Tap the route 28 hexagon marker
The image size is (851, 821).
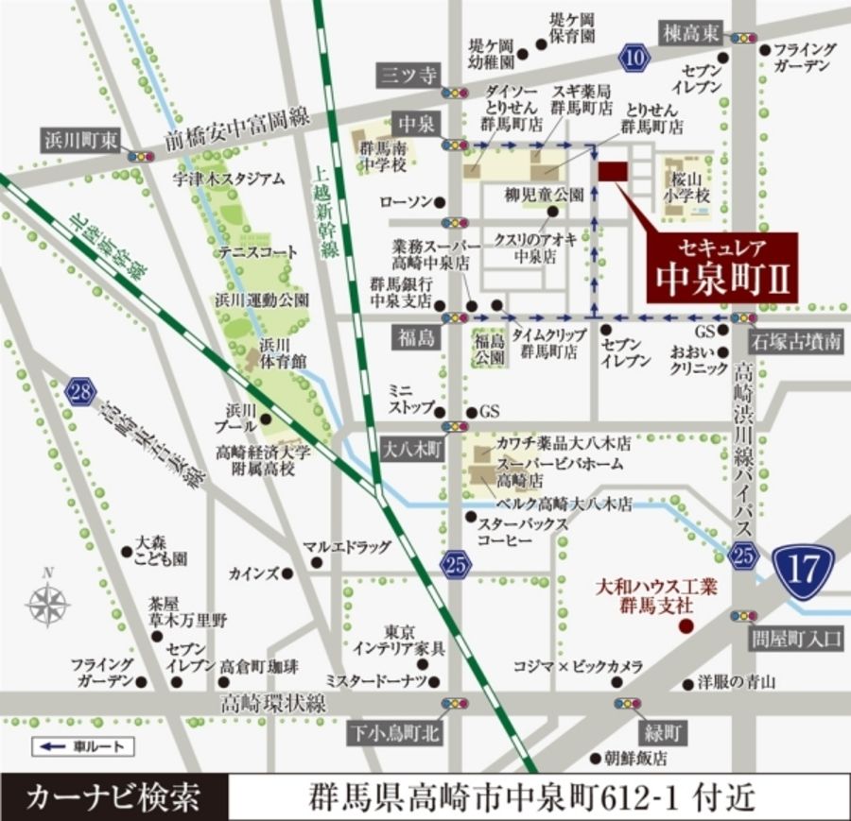click(x=81, y=391)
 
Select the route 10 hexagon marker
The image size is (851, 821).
click(x=635, y=59)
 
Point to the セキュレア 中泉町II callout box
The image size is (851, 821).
click(x=721, y=268)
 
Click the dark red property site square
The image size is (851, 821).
click(x=613, y=171)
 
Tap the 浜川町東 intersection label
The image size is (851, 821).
click(x=79, y=141)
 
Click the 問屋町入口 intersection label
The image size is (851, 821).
click(x=800, y=639)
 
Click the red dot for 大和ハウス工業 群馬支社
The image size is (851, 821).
click(x=687, y=625)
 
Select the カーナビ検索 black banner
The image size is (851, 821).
click(x=114, y=795)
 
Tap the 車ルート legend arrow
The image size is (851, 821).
click(x=51, y=746)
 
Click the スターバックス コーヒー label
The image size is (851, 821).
click(x=522, y=531)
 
